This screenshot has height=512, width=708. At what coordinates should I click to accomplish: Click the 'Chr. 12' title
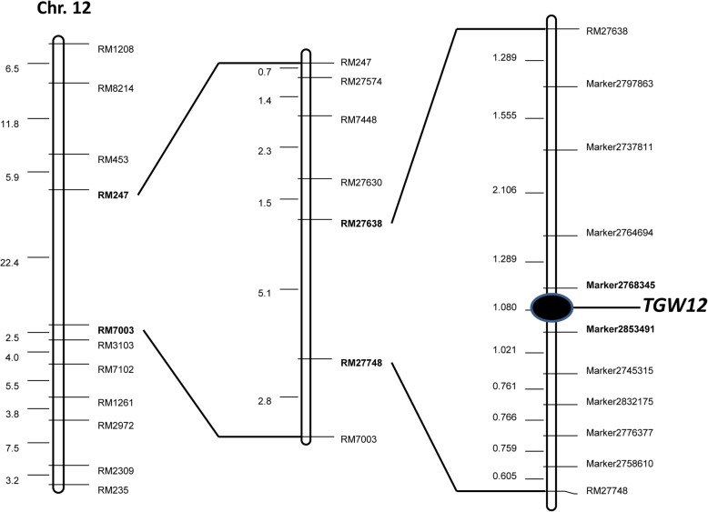pyautogui.click(x=64, y=10)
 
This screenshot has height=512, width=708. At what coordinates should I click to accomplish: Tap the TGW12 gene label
pyautogui.click(x=674, y=306)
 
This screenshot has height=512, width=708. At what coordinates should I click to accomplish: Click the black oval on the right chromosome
pyautogui.click(x=551, y=308)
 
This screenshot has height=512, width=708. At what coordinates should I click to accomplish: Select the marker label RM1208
pyautogui.click(x=116, y=48)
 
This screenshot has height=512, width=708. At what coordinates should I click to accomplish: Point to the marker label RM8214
pyautogui.click(x=116, y=88)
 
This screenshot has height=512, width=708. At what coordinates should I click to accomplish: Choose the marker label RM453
pyautogui.click(x=113, y=159)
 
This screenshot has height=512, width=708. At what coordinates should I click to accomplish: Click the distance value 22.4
pyautogui.click(x=10, y=263)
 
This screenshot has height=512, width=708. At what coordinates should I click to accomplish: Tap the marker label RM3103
pyautogui.click(x=116, y=345)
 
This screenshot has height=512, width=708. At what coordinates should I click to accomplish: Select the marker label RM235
pyautogui.click(x=113, y=490)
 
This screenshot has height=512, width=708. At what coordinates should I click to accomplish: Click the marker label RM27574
pyautogui.click(x=361, y=81)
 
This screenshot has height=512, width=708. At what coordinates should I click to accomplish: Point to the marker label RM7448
pyautogui.click(x=359, y=120)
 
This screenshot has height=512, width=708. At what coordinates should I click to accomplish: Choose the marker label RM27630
pyautogui.click(x=361, y=183)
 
